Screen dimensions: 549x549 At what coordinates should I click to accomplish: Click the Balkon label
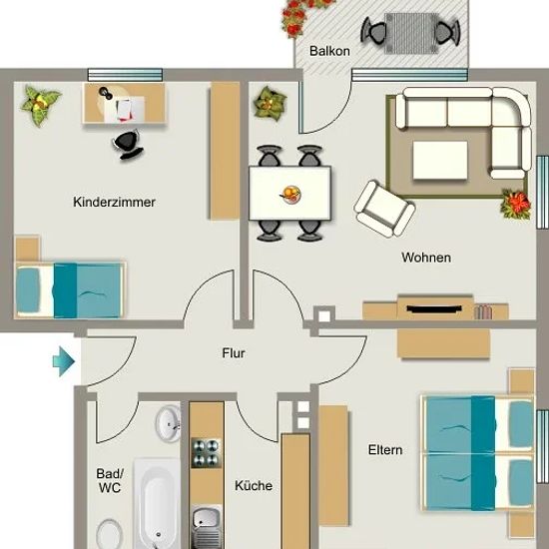329,51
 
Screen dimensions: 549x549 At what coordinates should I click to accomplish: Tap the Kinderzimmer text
114,202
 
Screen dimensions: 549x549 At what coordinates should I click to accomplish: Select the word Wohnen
426,258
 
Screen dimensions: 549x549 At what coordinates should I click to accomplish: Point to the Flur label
234,353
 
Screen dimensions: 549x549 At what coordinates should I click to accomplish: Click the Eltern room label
385,450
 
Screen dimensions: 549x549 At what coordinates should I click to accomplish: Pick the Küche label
254,485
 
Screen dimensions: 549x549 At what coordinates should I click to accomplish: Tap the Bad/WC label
110,481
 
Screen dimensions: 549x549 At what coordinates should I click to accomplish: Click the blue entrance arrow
64,361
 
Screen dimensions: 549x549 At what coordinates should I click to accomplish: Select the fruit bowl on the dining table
290,195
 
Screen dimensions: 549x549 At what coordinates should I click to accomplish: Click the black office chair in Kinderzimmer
128,145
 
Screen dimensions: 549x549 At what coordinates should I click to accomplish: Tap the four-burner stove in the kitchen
207,453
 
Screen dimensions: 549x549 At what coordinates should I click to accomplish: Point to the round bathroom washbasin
168,423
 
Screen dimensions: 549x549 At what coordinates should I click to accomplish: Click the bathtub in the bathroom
158,503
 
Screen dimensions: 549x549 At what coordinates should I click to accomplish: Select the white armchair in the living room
384,209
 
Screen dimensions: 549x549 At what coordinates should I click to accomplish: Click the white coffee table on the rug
440,161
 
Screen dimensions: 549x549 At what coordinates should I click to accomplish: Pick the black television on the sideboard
434,308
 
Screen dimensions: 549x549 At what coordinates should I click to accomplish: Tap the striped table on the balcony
411,34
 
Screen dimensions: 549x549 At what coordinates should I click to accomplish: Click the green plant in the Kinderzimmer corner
40,105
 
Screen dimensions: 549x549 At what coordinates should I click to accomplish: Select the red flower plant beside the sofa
516,204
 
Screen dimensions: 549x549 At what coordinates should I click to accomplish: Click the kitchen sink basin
207,519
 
